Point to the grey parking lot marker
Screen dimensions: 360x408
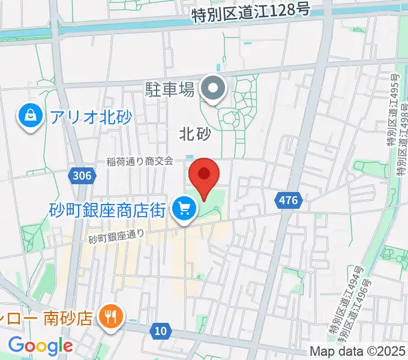coord(212,89)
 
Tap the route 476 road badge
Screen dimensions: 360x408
coord(288,200)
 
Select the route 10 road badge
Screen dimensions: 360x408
coord(160,330)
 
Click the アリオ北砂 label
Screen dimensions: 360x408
coord(91,116)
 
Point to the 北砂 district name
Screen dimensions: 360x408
coord(196,134)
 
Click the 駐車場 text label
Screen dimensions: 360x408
coord(170,90)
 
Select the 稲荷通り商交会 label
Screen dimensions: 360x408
coord(140,161)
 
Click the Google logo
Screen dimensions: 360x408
coord(40,346)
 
